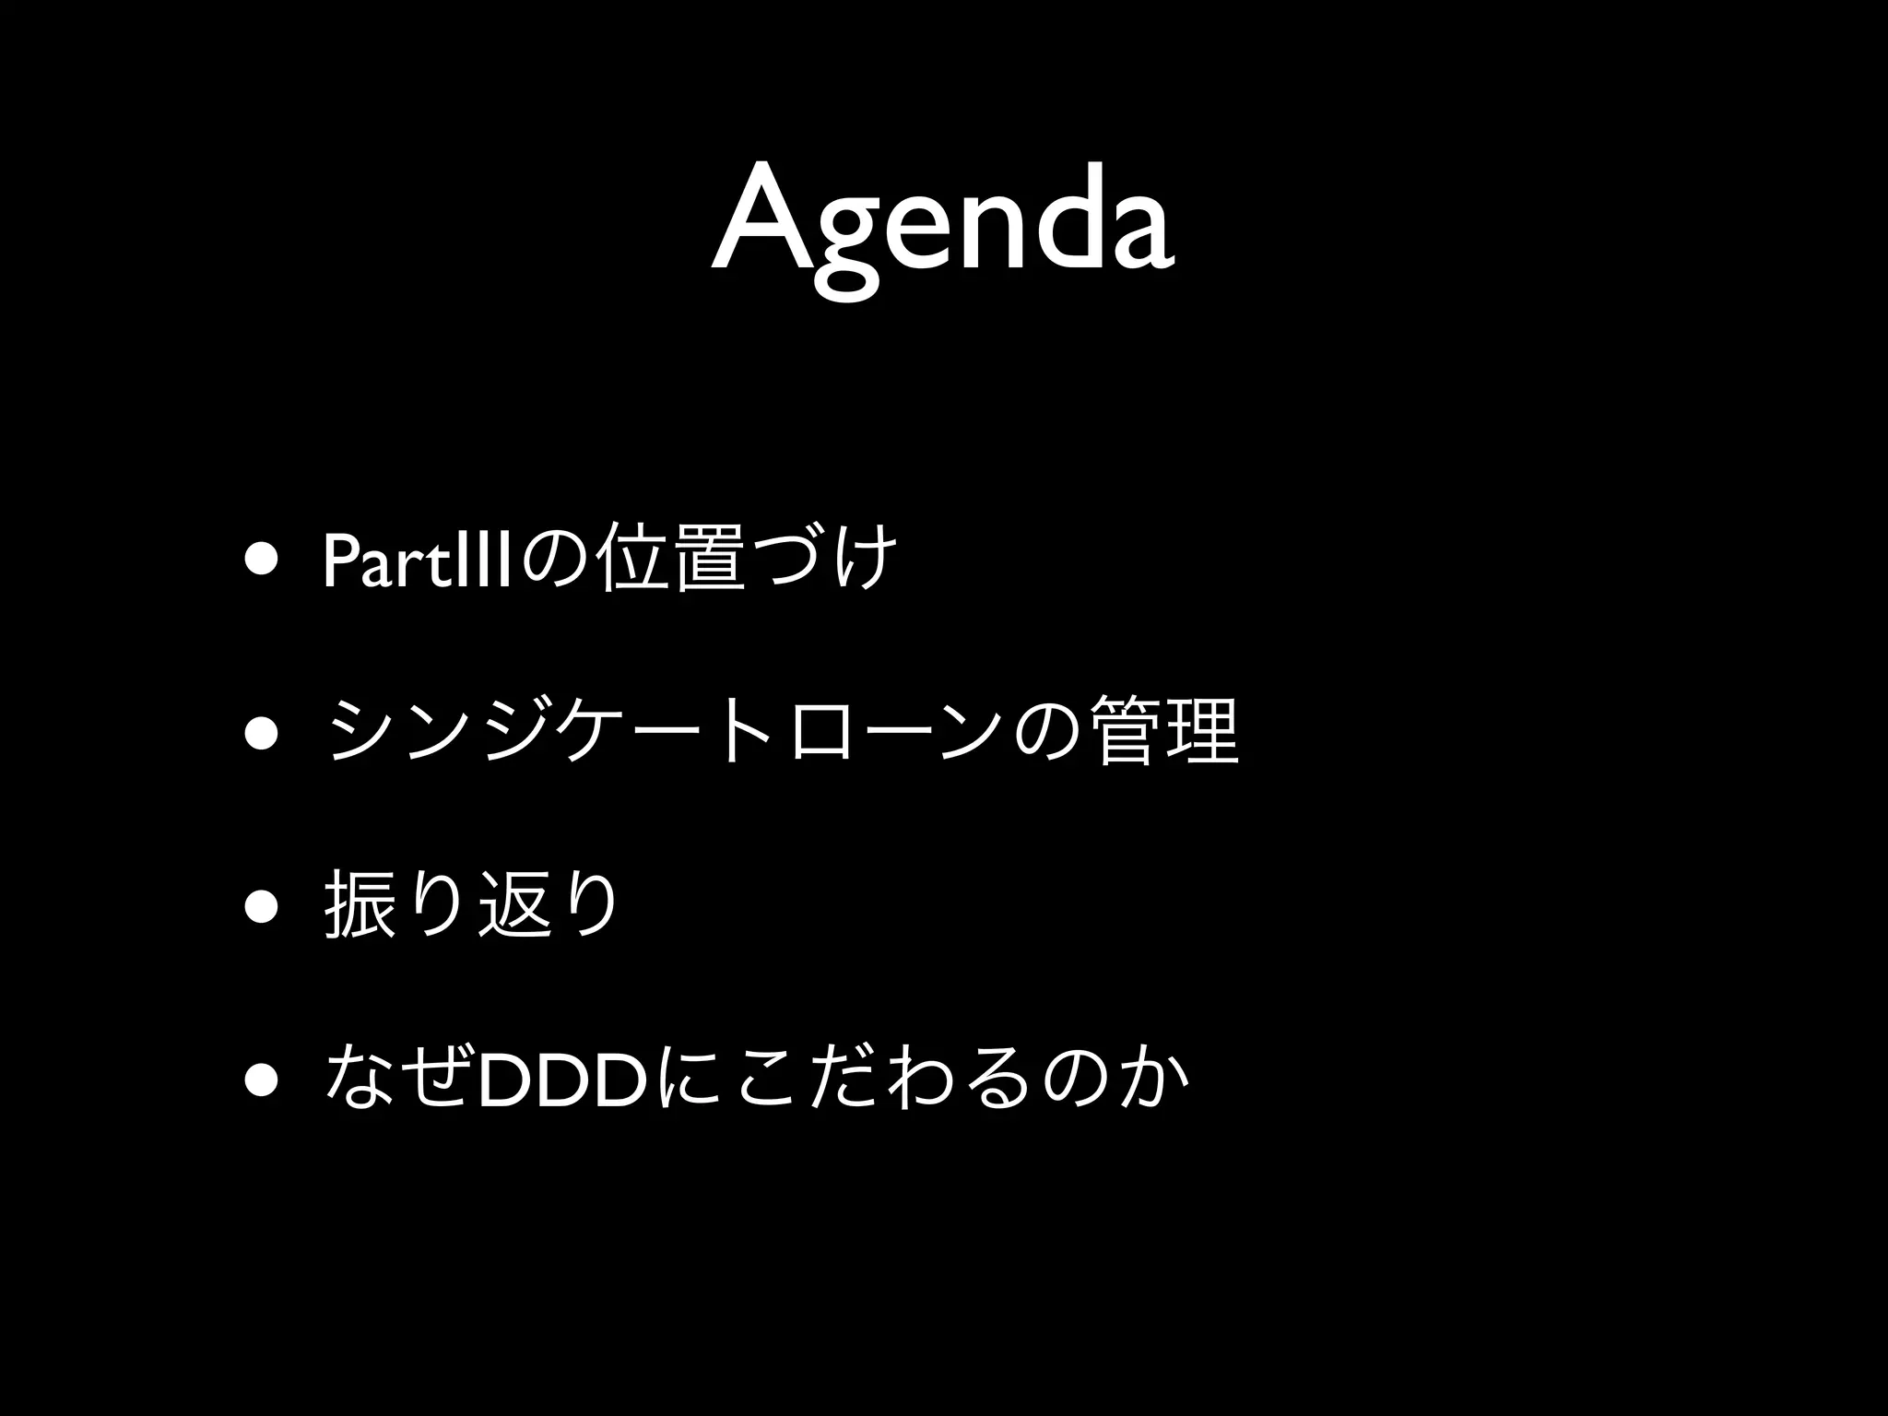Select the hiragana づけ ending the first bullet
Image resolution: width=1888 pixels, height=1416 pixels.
click(824, 560)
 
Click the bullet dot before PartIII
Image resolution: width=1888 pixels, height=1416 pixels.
click(262, 560)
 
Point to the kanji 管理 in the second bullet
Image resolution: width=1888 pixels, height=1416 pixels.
click(1163, 733)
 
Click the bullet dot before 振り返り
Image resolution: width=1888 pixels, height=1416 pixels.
click(262, 906)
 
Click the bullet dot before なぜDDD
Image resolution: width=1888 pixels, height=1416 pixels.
click(262, 1080)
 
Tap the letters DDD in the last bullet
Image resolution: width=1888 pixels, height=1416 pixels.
click(564, 1080)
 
